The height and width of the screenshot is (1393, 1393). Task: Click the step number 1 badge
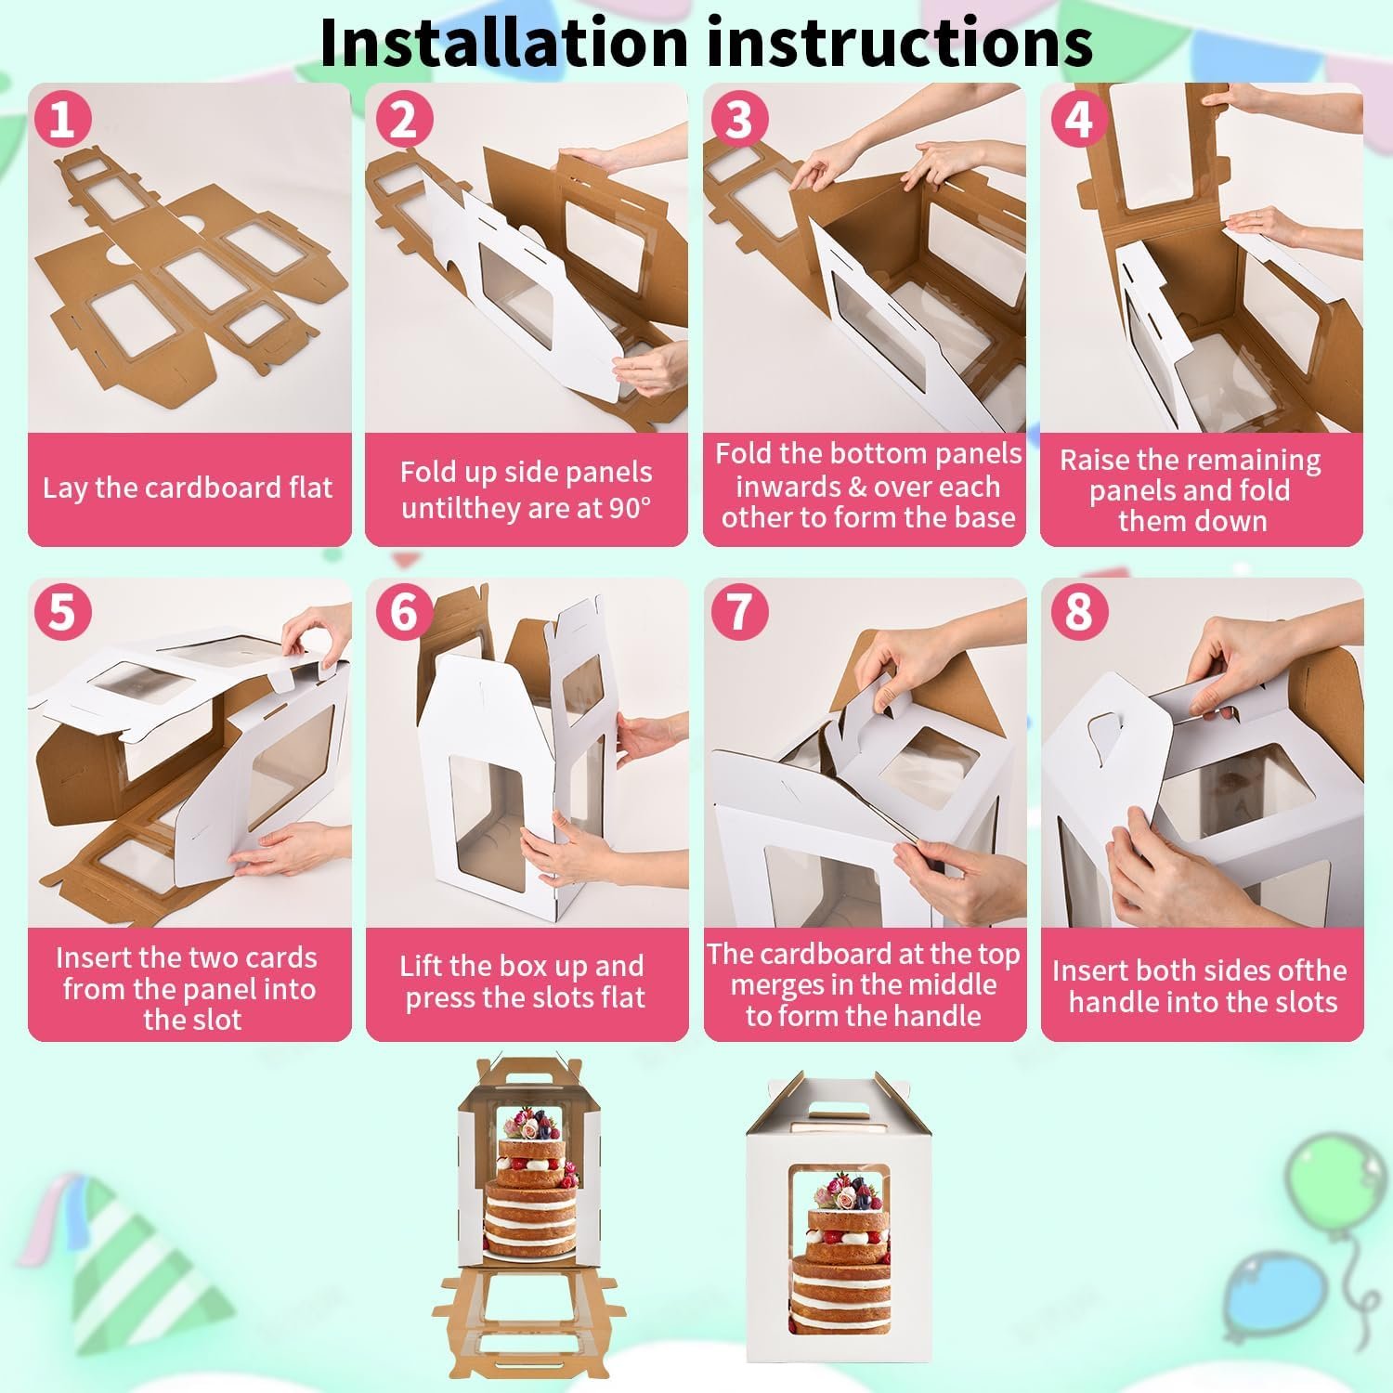pos(62,120)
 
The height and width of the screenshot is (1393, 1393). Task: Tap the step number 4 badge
pos(1077,120)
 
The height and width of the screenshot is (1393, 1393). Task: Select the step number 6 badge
pos(403,612)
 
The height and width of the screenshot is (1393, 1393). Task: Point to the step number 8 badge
pos(1077,612)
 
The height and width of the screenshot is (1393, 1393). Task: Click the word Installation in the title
pos(502,43)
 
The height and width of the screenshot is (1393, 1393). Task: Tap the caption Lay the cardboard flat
pos(188,488)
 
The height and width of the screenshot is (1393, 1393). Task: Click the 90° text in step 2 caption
pos(631,508)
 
